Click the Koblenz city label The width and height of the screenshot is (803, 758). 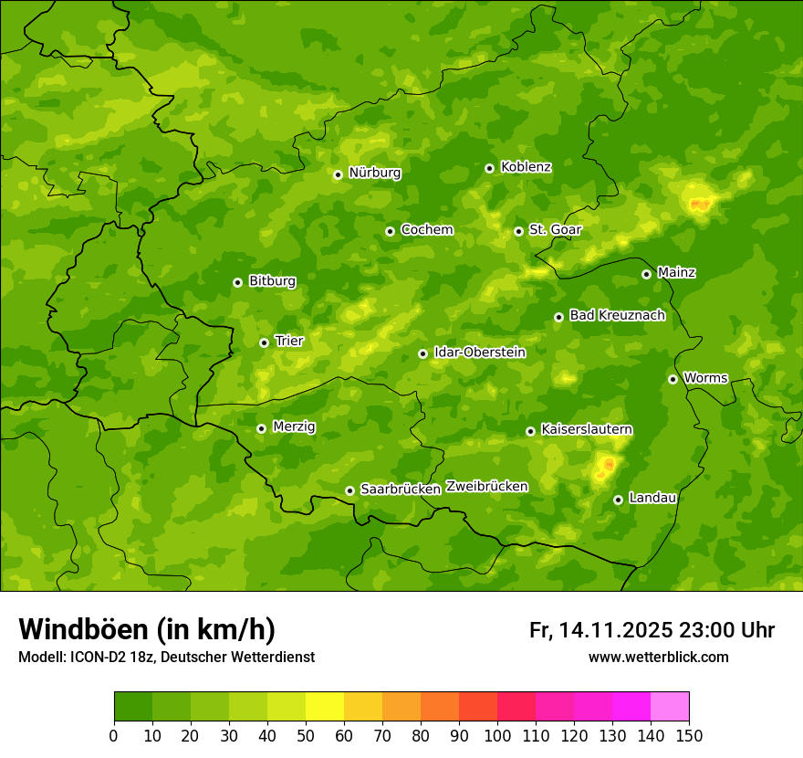526,167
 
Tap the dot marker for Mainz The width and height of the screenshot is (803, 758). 646,274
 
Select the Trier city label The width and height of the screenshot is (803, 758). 289,341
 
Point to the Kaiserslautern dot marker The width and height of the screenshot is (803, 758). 530,431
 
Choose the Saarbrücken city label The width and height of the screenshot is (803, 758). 400,489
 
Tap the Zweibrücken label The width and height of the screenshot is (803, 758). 486,486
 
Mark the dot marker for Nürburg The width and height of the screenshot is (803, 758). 338,174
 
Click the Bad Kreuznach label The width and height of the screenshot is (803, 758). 617,315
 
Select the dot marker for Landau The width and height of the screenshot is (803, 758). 618,500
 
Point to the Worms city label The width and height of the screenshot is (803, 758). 704,377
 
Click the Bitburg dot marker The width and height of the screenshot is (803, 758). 237,282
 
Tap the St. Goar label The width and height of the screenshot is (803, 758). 555,229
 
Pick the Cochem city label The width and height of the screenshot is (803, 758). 426,229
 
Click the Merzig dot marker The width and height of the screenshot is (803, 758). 261,428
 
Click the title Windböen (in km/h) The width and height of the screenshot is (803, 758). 146,629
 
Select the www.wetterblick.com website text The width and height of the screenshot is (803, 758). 658,657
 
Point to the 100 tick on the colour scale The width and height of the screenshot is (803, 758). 497,735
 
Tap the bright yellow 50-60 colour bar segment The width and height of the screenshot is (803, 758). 325,706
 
